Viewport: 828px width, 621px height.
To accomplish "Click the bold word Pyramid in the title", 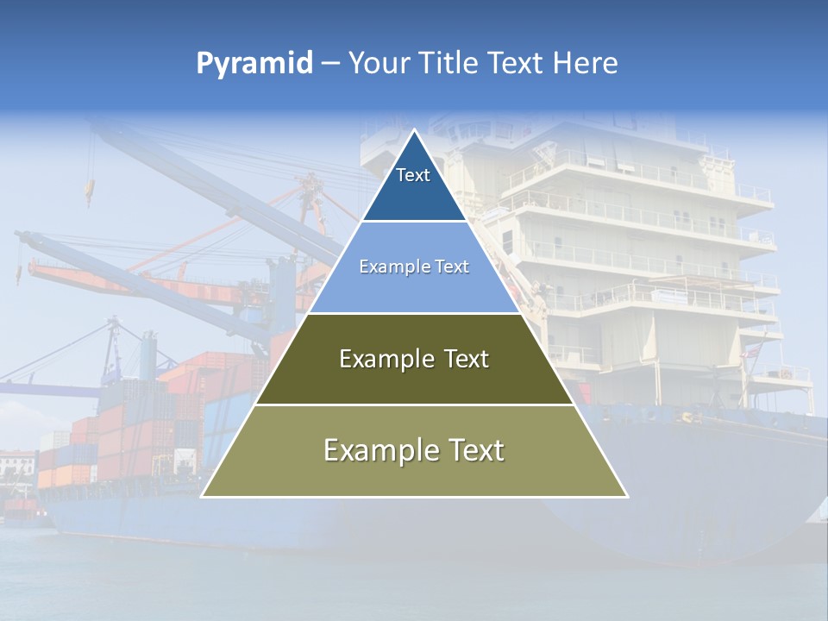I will pyautogui.click(x=254, y=63).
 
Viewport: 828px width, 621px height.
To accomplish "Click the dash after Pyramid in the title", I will pyautogui.click(x=329, y=64).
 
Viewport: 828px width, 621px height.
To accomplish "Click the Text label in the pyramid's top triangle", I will pyautogui.click(x=413, y=175).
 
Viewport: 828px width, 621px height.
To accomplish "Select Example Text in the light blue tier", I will pyautogui.click(x=414, y=267).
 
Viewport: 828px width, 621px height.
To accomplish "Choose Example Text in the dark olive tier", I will pyautogui.click(x=414, y=359).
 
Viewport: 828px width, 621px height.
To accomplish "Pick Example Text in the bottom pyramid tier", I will pyautogui.click(x=414, y=450).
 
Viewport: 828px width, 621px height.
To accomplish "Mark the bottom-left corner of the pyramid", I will pyautogui.click(x=203, y=496).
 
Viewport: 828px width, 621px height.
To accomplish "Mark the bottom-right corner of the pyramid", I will pyautogui.click(x=626, y=496).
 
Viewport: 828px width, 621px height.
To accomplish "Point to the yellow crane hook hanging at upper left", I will pyautogui.click(x=88, y=191).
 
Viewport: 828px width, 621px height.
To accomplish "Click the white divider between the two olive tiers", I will pyautogui.click(x=414, y=405).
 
